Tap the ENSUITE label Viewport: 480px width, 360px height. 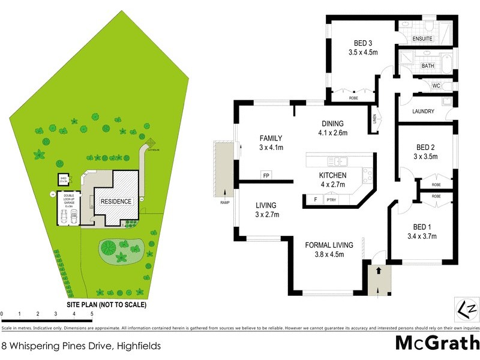pos(422,39)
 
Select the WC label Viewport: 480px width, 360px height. pos(436,86)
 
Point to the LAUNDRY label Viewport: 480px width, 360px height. pos(423,112)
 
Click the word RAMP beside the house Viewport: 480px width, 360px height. pos(225,203)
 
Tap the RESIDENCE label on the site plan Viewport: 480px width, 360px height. pos(116,201)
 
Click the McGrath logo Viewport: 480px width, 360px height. pos(436,343)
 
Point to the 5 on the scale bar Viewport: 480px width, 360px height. pos(92,314)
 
